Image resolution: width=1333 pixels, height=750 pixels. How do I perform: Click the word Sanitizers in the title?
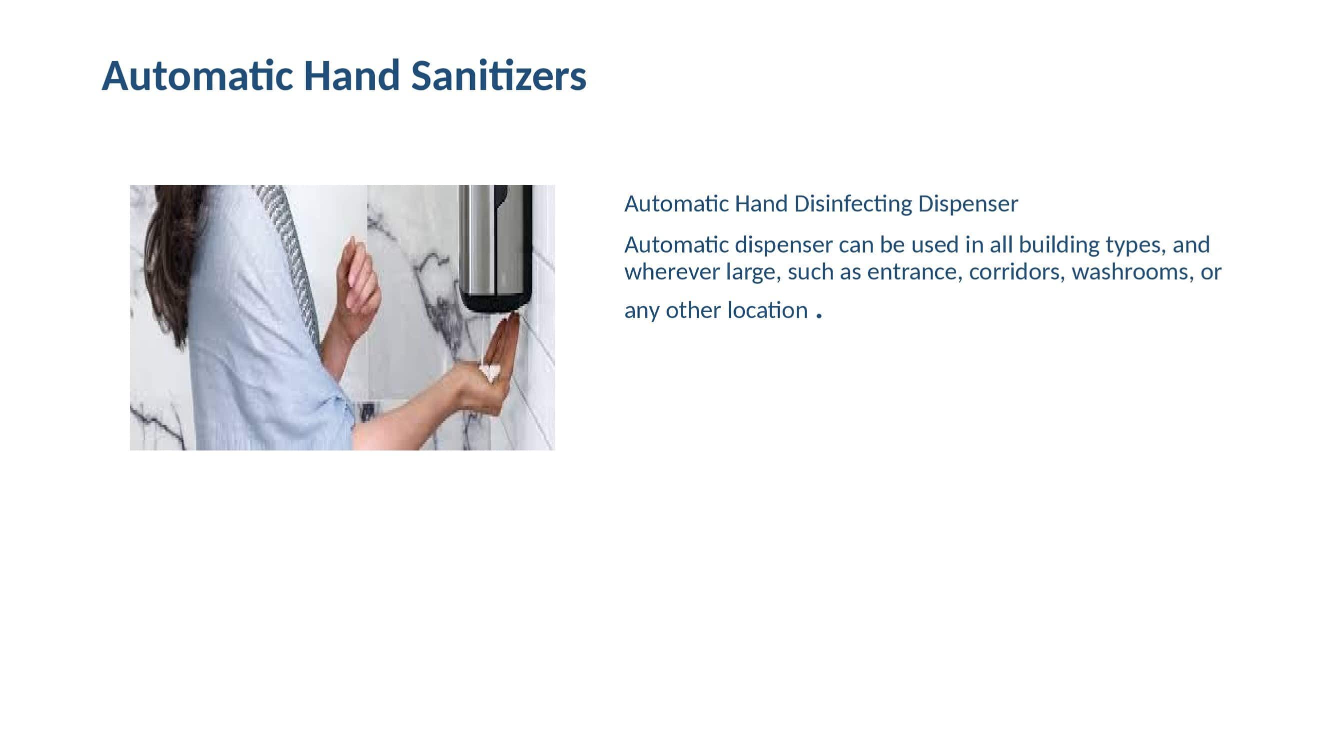498,75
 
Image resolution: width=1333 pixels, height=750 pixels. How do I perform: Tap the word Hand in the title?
351,75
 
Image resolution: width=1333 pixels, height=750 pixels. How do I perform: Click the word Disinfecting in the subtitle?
853,204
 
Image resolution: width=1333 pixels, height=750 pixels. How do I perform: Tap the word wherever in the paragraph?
672,271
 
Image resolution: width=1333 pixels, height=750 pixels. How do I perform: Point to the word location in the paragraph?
767,310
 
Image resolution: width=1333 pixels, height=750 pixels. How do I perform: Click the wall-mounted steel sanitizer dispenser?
495,247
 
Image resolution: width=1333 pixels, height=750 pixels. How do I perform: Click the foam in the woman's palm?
489,371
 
